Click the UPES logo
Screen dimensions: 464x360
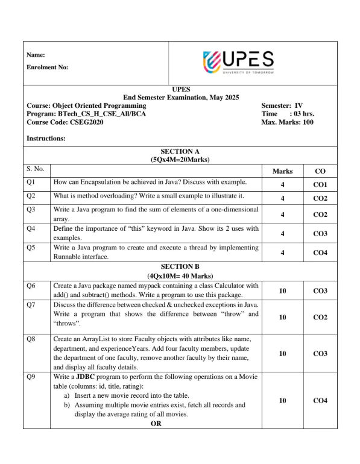[x=239, y=61]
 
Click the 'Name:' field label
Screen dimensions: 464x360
[x=36, y=55]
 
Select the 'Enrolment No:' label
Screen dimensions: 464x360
[x=47, y=67]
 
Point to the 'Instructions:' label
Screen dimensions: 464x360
[x=46, y=139]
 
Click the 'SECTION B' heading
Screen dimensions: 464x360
[x=180, y=266]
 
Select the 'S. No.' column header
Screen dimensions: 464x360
[x=36, y=169]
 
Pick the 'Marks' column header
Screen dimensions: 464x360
[x=282, y=171]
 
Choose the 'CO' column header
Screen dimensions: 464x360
[x=320, y=171]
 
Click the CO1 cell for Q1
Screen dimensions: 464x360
[x=320, y=184]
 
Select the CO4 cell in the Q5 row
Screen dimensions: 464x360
[x=320, y=252]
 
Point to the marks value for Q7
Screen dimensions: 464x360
[x=282, y=316]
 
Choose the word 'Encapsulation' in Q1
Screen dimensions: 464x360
[x=105, y=181]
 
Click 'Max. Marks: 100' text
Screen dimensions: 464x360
[x=287, y=122]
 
